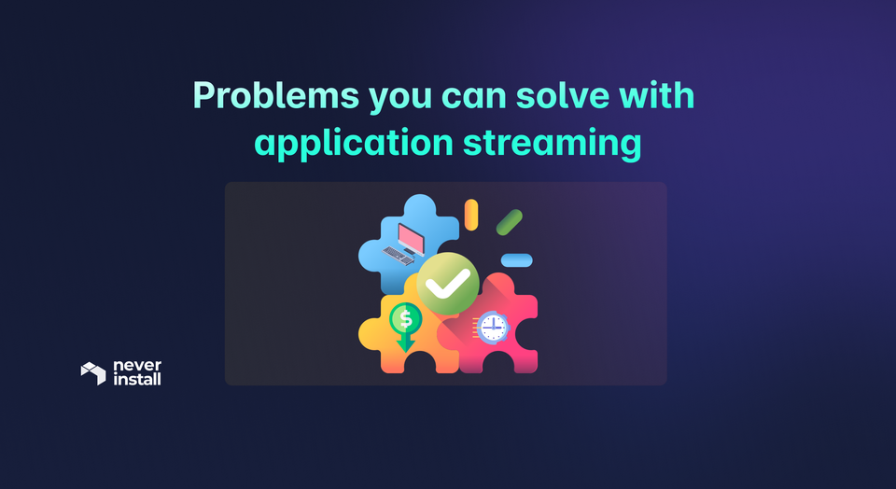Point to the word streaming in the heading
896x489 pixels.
tap(553, 144)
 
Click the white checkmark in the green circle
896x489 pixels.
tap(448, 281)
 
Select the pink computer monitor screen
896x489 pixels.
tap(411, 236)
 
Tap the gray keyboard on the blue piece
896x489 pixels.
tap(401, 253)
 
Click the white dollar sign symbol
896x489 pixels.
tap(405, 319)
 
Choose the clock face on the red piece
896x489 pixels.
tap(494, 326)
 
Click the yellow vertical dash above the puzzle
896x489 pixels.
tap(471, 214)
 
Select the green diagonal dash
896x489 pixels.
tap(509, 222)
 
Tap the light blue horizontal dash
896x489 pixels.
tap(516, 260)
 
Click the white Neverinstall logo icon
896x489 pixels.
tap(93, 373)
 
